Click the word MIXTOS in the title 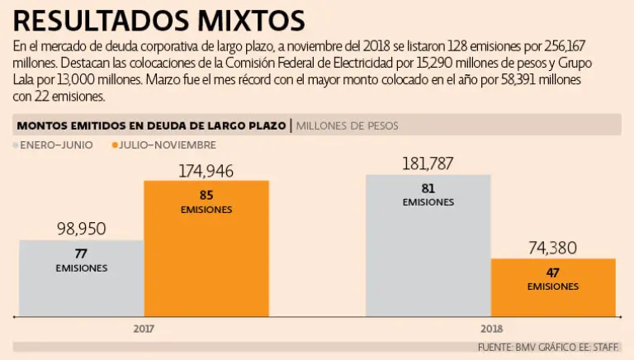pos(251,19)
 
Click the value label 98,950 pos(81,229)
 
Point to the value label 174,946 pos(206,170)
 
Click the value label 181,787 pos(428,163)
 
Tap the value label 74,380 pos(553,248)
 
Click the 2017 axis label pos(144,328)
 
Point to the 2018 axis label pos(490,328)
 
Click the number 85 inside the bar pos(206,196)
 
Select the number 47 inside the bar pos(553,272)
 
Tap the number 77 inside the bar pos(81,253)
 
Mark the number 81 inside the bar pos(428,187)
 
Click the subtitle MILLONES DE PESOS pos(347,126)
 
